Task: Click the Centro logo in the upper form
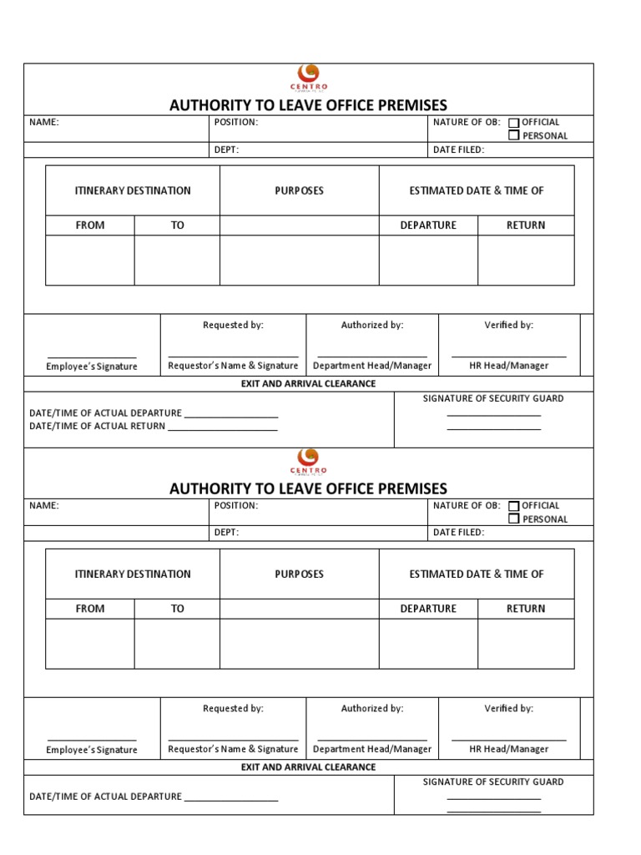pos(309,77)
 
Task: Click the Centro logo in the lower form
pos(309,460)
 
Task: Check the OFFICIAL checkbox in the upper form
pos(514,123)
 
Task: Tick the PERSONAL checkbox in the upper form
pos(514,135)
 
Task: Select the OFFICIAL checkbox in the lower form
pos(514,506)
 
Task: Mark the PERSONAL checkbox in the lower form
pos(514,519)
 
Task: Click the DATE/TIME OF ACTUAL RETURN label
pos(97,427)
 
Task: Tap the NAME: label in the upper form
pos(44,123)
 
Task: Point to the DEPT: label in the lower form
pos(226,533)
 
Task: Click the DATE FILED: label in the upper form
pos(458,150)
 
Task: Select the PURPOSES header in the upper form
pos(299,191)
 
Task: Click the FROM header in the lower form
pos(90,609)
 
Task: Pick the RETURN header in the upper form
pos(526,225)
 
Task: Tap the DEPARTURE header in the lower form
pos(428,609)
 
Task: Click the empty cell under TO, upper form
pos(177,261)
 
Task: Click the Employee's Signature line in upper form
pos(92,357)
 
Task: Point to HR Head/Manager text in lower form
pos(508,749)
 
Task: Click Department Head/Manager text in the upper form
pos(372,366)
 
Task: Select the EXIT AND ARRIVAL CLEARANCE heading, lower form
pos(308,767)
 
